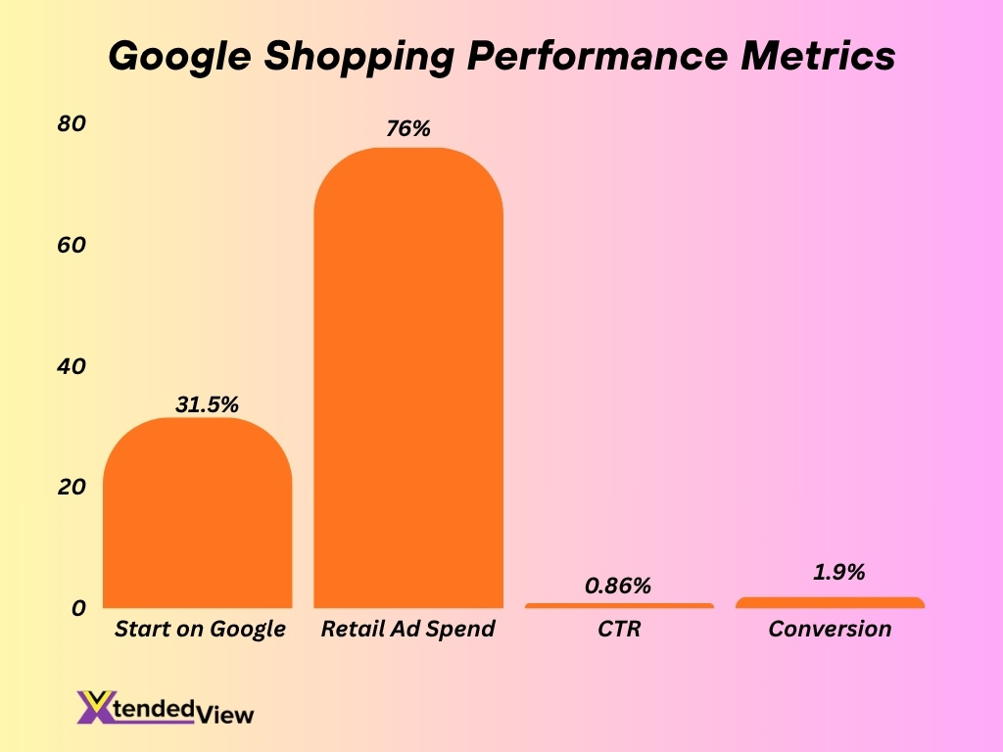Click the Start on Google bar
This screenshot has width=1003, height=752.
[197, 514]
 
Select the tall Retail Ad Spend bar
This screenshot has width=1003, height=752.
[407, 382]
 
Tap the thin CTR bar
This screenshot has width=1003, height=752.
[618, 605]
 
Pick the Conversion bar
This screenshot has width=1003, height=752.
[830, 602]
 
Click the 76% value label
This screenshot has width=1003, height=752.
[407, 128]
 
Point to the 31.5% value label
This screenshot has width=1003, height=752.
[207, 404]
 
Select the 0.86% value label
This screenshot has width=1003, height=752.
[618, 586]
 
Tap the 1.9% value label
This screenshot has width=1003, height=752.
[838, 573]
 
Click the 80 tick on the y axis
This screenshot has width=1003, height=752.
[72, 123]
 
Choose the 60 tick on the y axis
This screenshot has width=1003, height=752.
[72, 245]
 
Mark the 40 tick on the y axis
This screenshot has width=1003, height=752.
[72, 366]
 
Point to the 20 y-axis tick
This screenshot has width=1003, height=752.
[72, 487]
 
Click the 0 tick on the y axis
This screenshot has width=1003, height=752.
[78, 608]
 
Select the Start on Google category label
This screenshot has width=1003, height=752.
[200, 629]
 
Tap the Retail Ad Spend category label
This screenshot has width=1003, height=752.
[407, 629]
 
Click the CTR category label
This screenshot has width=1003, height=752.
[618, 629]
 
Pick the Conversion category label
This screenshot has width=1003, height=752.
[830, 629]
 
